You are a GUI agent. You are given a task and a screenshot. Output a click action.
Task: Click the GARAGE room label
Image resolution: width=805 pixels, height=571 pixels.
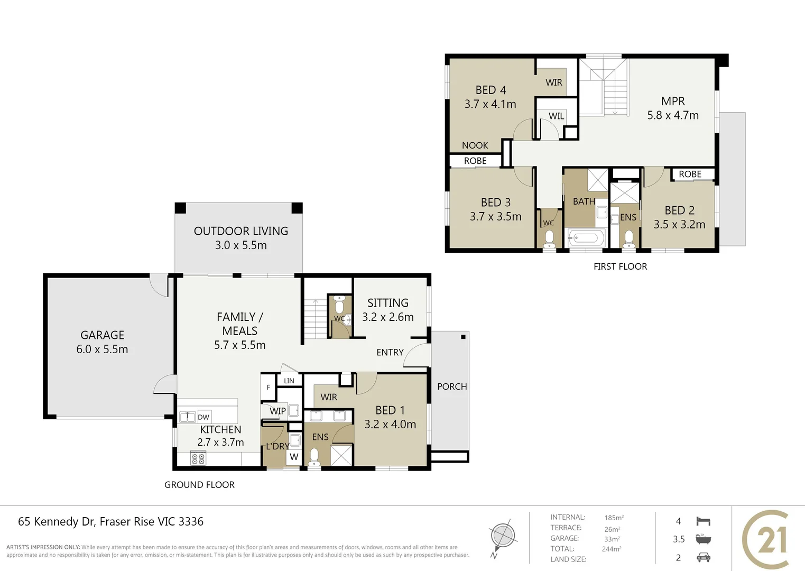(102, 335)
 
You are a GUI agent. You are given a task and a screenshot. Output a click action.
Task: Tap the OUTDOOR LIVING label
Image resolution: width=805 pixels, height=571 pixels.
(240, 231)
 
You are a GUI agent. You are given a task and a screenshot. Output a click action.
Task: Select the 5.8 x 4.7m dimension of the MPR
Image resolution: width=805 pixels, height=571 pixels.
(673, 115)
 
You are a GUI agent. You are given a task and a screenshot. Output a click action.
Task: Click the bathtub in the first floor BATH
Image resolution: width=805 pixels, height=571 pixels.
(586, 238)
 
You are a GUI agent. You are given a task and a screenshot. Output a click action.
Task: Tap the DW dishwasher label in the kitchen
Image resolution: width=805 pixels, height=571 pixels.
(203, 417)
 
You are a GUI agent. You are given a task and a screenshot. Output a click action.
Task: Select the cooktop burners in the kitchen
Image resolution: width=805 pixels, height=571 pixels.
(198, 458)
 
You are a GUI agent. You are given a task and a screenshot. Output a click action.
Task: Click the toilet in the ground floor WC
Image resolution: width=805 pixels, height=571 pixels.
(339, 307)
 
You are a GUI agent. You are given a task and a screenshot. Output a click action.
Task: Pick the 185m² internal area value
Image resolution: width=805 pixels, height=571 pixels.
(614, 518)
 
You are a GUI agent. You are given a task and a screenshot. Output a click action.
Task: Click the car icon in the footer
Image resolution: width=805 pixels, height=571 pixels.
(703, 558)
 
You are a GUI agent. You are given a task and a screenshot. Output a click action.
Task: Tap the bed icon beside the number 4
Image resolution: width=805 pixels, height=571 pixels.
(703, 521)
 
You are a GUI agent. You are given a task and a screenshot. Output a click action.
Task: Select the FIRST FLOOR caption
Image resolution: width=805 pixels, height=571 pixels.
(620, 266)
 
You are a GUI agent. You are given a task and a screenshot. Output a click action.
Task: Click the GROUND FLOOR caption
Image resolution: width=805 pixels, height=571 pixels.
(199, 485)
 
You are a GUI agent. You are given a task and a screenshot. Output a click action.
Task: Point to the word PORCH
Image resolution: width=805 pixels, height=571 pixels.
(452, 386)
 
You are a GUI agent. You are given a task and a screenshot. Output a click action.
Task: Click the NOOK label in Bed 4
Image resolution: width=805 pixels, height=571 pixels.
(475, 145)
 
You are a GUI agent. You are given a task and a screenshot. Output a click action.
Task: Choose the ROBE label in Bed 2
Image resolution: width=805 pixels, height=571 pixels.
(690, 174)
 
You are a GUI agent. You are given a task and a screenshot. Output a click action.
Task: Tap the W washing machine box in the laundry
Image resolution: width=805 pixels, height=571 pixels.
(294, 457)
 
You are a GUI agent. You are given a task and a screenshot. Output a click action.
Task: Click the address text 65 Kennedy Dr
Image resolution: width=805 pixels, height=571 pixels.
(56, 522)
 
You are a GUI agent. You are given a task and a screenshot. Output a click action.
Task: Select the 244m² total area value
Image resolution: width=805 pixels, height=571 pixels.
(611, 549)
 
